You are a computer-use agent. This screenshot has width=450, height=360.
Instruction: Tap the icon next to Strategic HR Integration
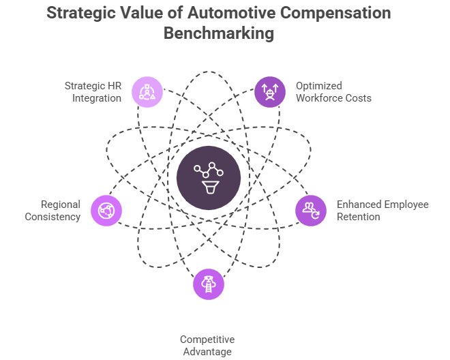(x=148, y=91)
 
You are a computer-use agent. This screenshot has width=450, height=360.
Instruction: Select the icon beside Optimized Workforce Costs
(x=269, y=91)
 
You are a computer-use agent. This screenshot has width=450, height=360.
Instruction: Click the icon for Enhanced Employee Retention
(x=310, y=210)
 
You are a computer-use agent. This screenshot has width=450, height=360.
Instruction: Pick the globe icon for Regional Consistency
(x=106, y=210)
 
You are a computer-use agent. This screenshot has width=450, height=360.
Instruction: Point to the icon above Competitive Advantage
(x=209, y=284)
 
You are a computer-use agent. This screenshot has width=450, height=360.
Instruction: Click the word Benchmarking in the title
(x=225, y=33)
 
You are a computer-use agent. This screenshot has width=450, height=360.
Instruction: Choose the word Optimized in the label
(x=319, y=86)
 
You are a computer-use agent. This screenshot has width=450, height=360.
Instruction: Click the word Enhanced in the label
(x=359, y=205)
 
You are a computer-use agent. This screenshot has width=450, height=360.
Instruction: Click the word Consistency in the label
(x=52, y=217)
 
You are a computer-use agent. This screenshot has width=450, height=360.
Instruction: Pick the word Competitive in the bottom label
(x=207, y=340)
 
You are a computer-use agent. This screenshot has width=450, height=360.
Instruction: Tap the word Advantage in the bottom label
(x=207, y=352)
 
